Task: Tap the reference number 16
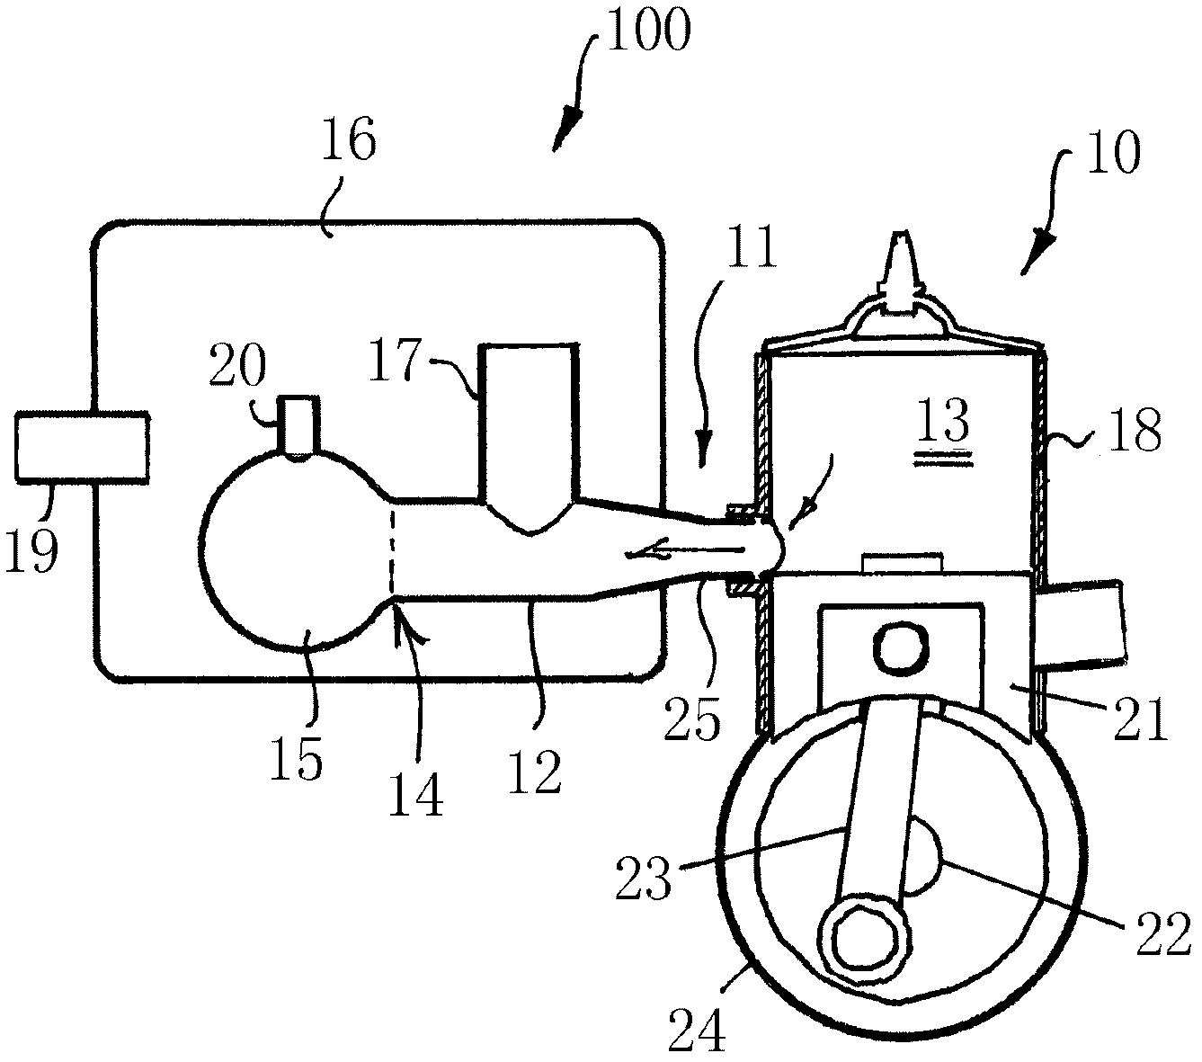pos(349,138)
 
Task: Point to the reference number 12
pos(535,771)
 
